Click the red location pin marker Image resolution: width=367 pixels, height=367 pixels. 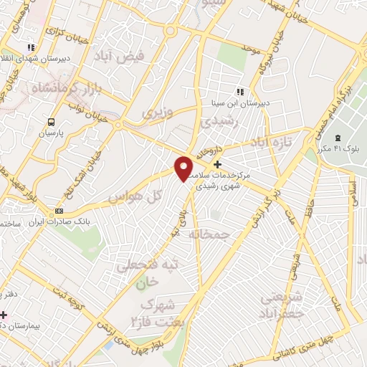184,168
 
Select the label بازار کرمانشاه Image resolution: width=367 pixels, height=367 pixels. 63,90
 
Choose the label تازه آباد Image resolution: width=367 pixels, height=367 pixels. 277,143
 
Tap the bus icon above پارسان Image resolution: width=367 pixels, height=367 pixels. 51,122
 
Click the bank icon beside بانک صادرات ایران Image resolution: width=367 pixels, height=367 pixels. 59,211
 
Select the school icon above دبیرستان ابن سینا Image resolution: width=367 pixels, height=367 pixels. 240,92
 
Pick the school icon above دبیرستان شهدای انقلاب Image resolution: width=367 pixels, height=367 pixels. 31,47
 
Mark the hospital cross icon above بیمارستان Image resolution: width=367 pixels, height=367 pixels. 4,315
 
